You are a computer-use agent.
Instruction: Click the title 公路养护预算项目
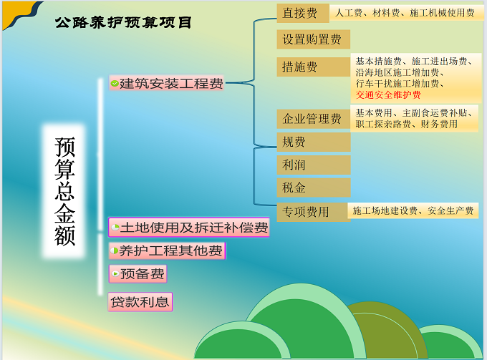click(123, 22)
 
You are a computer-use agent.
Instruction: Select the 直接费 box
click(303, 13)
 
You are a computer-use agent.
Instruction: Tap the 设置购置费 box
click(314, 39)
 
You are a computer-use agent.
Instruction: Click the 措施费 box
click(314, 67)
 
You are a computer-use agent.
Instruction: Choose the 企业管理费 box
click(314, 119)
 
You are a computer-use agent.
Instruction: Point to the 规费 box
click(314, 142)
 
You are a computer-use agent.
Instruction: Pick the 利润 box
click(314, 165)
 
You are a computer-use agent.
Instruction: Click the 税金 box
click(314, 188)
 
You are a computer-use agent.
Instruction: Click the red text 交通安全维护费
click(388, 94)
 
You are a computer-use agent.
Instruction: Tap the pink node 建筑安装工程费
click(166, 83)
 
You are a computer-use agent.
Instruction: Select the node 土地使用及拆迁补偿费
click(189, 228)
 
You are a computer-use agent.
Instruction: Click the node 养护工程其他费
click(167, 250)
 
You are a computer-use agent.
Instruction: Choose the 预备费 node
click(138, 273)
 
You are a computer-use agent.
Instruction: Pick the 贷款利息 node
click(140, 301)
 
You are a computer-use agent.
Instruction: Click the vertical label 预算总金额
click(64, 191)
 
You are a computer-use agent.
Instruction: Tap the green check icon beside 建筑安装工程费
click(115, 83)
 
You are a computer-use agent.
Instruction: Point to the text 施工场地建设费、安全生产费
click(413, 210)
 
